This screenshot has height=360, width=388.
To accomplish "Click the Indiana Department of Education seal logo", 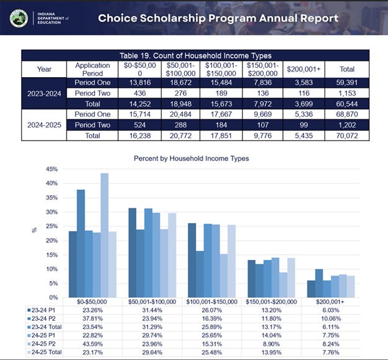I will [19, 18].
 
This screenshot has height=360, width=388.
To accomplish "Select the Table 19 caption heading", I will [195, 56].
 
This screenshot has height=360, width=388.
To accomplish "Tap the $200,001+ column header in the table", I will [300, 69].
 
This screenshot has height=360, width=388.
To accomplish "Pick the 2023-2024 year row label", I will [44, 94].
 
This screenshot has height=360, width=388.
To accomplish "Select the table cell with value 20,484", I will [178, 114].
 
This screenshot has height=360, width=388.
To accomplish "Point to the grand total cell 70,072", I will [346, 135].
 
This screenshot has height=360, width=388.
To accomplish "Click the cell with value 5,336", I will [300, 114].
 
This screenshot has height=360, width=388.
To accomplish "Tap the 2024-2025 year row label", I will [44, 125].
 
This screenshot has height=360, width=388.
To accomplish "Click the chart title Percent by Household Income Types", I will [192, 159].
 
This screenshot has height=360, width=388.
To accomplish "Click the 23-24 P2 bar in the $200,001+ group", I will [320, 283].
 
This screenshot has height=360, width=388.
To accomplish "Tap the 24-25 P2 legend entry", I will [45, 344].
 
